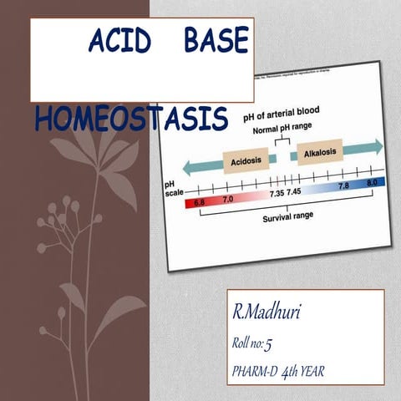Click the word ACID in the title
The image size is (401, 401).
[122, 42]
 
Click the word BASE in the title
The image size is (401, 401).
[216, 42]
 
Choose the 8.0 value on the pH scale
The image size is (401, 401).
[372, 182]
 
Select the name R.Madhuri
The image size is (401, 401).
[266, 312]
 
